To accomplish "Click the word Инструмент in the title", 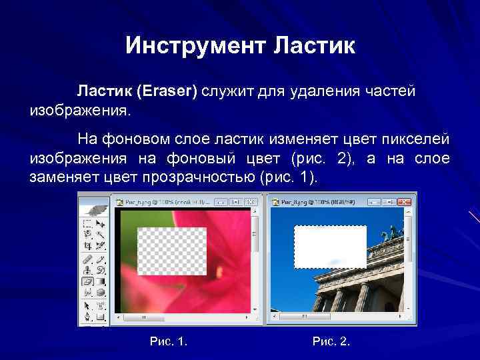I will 195,46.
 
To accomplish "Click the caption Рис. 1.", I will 169,341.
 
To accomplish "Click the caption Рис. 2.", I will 331,341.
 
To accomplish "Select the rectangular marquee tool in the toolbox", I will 87,225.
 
